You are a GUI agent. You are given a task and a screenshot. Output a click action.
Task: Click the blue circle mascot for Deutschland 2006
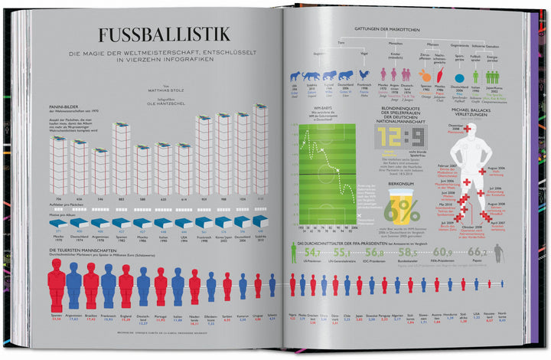(459, 77)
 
